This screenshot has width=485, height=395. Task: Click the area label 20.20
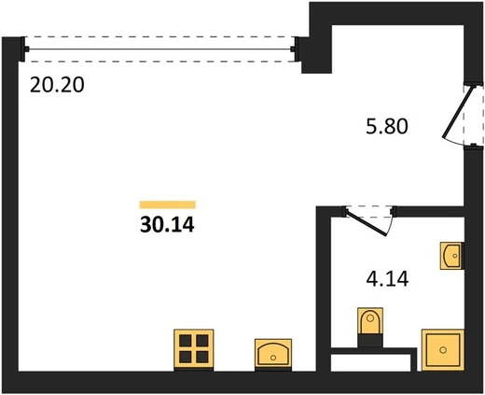[57, 85]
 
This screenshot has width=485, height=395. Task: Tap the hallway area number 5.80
[387, 127]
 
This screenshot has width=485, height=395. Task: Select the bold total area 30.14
[167, 224]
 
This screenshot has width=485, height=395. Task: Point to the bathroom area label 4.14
[387, 279]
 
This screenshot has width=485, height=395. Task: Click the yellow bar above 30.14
[168, 205]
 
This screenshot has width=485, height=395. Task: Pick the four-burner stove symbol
[194, 350]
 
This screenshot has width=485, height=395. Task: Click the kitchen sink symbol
[273, 355]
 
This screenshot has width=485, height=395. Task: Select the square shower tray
[443, 350]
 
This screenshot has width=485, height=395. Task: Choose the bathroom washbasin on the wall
[452, 256]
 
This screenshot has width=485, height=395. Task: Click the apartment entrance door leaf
[459, 112]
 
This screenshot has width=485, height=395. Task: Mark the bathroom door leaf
[367, 223]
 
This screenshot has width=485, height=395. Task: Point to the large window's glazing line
[159, 49]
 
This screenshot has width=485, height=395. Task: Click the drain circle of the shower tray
[443, 350]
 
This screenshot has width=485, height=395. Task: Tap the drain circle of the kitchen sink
[273, 358]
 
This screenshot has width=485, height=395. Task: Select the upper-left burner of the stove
[186, 341]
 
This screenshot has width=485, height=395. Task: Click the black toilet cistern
[370, 341]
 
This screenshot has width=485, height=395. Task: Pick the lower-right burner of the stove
[202, 357]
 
